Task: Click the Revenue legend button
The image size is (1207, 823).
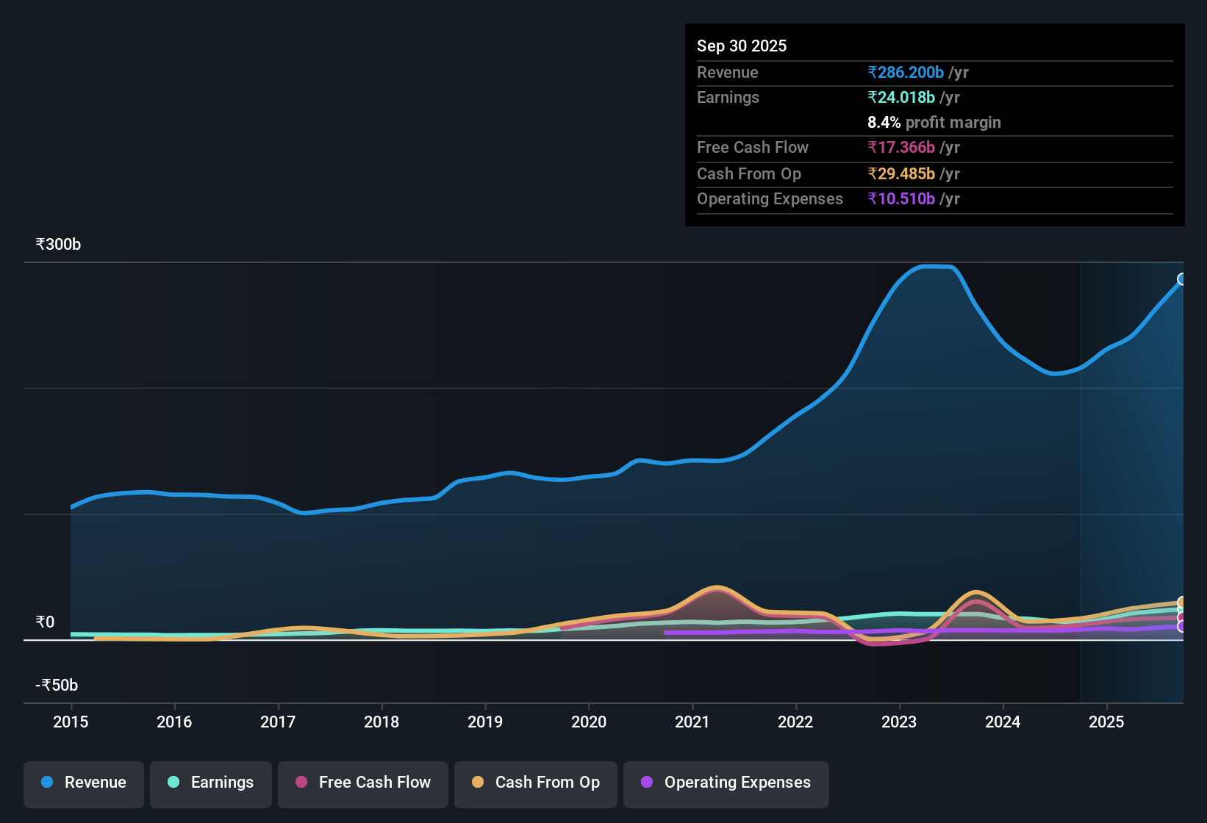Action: (x=84, y=783)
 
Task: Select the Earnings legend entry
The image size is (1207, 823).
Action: (x=211, y=783)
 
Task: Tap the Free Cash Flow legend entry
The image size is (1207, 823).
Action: (x=363, y=783)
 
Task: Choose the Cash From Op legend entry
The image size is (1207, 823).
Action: (x=536, y=783)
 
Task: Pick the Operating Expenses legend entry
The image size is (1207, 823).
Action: (x=726, y=783)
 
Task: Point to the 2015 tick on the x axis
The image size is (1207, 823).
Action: (x=71, y=722)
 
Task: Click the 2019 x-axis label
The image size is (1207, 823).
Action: (x=485, y=722)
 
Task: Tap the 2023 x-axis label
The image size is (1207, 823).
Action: (x=899, y=722)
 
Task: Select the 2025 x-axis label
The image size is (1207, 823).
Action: (x=1106, y=722)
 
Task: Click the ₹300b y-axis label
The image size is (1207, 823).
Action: (x=58, y=244)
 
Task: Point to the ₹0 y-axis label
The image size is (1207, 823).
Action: (x=45, y=622)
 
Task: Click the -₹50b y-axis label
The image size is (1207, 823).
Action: (x=57, y=685)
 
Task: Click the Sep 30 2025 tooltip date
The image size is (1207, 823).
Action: (x=742, y=46)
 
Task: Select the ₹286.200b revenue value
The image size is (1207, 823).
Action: (x=906, y=72)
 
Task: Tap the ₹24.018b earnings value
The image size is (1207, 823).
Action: (x=901, y=97)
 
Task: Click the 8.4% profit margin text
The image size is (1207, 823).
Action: (x=934, y=122)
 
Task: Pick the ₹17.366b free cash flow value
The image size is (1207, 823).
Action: (x=901, y=147)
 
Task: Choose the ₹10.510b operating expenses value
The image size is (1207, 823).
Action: (x=901, y=198)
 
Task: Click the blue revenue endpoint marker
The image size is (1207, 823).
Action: (x=1182, y=279)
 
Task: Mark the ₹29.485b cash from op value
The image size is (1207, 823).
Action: (x=901, y=173)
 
